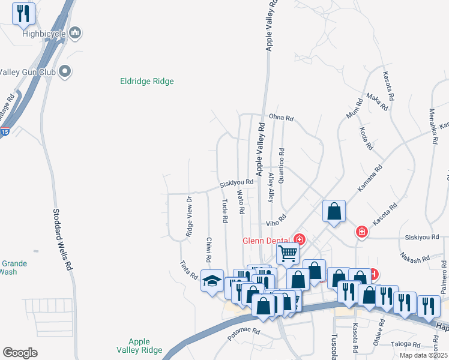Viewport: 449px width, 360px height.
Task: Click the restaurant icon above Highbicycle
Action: coord(23,13)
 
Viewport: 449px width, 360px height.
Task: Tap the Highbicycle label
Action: coord(44,34)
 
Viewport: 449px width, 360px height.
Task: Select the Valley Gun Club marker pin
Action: coord(66,72)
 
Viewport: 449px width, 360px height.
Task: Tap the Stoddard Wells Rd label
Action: coord(63,238)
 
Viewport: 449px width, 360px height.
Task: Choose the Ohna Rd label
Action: coord(280,118)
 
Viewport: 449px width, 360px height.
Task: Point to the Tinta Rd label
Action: coord(188,269)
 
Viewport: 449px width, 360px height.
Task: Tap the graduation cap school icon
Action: coord(212,281)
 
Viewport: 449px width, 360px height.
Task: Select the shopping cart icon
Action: coord(288,253)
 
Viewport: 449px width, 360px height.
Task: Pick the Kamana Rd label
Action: coord(370,179)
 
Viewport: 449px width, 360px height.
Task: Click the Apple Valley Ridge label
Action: coord(137,346)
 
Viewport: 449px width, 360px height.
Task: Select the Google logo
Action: coord(20,353)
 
